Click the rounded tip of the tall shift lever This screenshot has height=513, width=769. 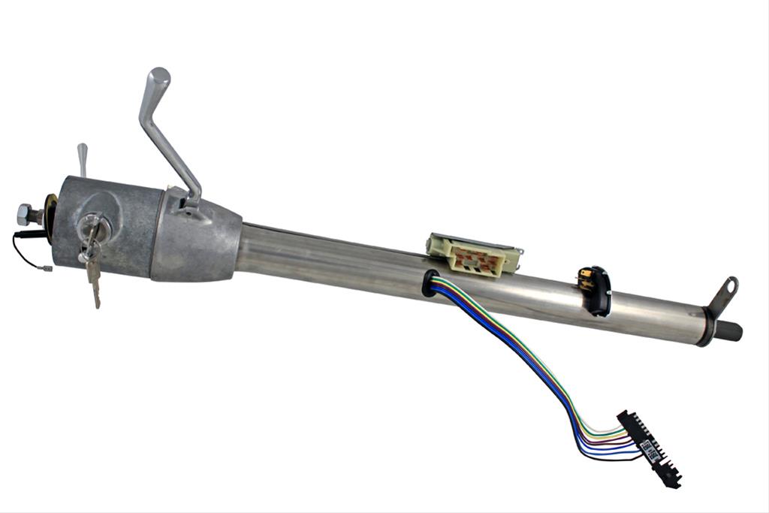tap(159, 77)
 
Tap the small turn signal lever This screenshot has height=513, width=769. tap(82, 157)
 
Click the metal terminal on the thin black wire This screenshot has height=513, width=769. tap(46, 267)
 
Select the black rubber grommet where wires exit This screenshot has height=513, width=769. tap(430, 283)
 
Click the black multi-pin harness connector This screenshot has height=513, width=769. tap(649, 447)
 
